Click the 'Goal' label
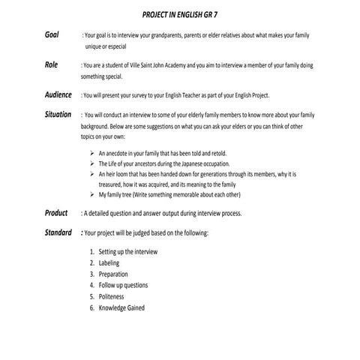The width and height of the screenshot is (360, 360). [52, 35]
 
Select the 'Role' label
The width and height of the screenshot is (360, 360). [51, 65]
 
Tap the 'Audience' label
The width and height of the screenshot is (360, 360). [58, 95]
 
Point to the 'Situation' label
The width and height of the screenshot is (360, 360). [58, 115]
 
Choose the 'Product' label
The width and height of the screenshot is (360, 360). [56, 213]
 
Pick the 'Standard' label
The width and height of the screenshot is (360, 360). [58, 232]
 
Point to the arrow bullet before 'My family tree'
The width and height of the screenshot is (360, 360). [91, 194]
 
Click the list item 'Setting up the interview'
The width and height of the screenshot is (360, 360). [127, 252]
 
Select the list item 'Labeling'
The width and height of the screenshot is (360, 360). [109, 263]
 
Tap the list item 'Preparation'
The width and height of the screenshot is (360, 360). [114, 274]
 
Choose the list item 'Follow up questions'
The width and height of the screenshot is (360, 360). [123, 286]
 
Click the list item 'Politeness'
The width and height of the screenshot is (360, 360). [112, 296]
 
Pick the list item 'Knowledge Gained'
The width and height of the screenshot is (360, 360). [121, 307]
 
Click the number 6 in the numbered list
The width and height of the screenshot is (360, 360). [91, 307]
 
